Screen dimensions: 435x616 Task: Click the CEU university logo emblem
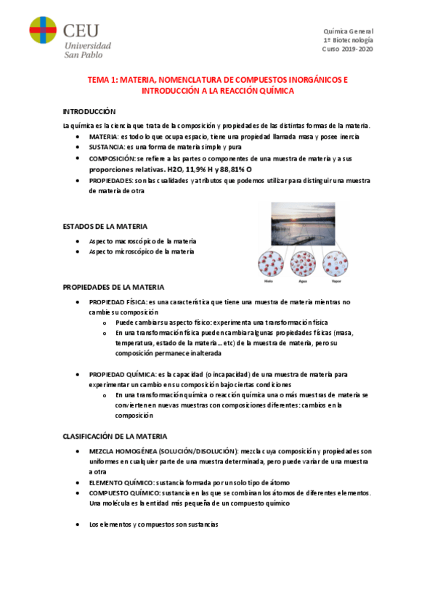[x=43, y=30]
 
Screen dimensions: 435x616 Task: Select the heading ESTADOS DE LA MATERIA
[x=105, y=227]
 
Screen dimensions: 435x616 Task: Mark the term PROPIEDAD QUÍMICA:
[x=120, y=374]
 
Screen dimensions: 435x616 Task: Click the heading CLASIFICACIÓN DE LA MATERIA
[x=114, y=437]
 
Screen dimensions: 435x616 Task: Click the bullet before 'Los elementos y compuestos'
[x=79, y=524]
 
